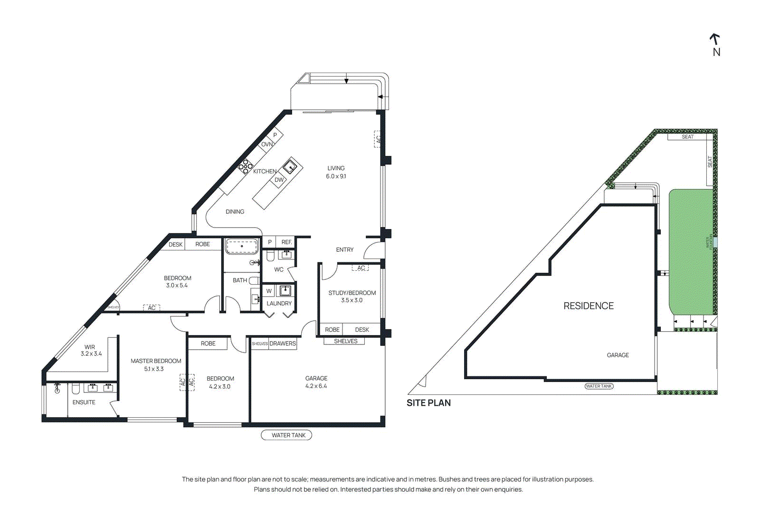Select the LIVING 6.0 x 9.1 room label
336,172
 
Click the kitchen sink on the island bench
290,167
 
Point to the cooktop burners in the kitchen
245,166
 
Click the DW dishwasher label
279,180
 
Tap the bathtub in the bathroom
242,247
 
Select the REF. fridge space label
286,242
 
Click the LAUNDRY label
279,303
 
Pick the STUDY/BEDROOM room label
352,293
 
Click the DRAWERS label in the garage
283,344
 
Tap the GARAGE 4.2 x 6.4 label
316,382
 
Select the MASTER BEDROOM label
156,361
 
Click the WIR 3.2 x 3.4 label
90,350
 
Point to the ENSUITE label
84,402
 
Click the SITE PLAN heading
428,403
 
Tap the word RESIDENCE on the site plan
589,306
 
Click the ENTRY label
344,250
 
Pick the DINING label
235,212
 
